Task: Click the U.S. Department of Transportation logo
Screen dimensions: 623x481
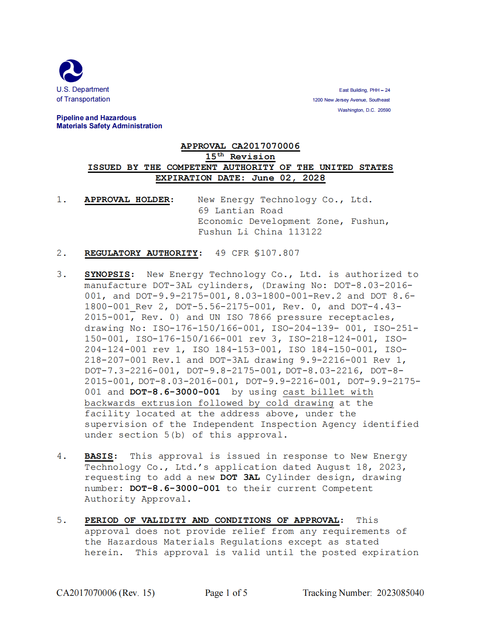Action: click(x=71, y=71)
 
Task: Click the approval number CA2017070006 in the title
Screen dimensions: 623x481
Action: click(x=265, y=146)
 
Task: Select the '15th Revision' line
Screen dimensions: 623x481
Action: click(x=240, y=157)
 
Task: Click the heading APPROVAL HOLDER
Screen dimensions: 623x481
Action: click(x=129, y=200)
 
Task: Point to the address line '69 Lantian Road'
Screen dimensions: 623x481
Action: click(x=240, y=211)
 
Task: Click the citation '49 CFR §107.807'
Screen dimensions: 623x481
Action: click(x=257, y=253)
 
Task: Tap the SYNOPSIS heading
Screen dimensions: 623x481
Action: click(x=109, y=275)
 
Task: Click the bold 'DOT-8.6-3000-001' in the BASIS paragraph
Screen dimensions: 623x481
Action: click(x=174, y=488)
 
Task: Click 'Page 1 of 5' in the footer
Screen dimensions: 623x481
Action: click(x=226, y=593)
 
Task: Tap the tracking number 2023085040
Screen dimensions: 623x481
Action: click(x=400, y=593)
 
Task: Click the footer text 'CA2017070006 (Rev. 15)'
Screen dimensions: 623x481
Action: click(x=105, y=593)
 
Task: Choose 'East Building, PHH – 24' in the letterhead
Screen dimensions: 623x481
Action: click(x=364, y=90)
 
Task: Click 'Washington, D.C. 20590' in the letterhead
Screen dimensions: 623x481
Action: click(x=364, y=110)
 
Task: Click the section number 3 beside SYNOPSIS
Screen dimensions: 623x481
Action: click(x=61, y=275)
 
